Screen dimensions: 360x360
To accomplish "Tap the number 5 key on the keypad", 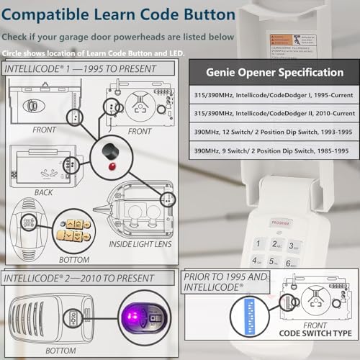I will click(x=276, y=262).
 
